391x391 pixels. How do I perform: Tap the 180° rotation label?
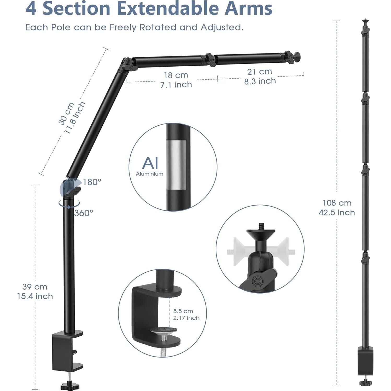[x=92, y=182]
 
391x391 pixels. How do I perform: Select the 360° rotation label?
[x=84, y=213]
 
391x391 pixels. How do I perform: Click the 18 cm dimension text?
[x=176, y=75]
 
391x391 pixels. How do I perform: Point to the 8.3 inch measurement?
[x=260, y=81]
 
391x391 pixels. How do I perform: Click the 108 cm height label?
[x=337, y=203]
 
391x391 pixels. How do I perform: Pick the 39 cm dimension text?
[x=35, y=287]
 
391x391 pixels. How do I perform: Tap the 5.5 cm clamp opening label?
[x=183, y=311]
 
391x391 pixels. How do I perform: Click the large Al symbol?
[x=150, y=164]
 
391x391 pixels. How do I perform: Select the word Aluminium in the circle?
[x=149, y=174]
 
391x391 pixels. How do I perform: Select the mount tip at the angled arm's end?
[x=297, y=56]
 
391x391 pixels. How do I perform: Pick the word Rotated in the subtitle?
[x=158, y=27]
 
